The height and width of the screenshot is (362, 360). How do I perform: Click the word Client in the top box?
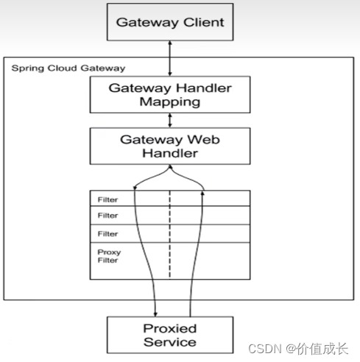pos(200,21)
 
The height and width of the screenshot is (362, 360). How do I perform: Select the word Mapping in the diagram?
pos(170,102)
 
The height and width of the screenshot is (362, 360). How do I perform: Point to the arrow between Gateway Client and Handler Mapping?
pos(170,60)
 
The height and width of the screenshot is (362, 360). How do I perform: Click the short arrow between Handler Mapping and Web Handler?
pos(170,119)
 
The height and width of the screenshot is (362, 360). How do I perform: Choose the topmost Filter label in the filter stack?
pos(107,199)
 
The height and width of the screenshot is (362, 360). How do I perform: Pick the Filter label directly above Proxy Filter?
pos(107,233)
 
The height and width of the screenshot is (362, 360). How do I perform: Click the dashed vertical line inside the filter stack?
pos(170,235)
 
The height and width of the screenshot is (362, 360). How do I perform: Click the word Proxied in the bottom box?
pos(170,328)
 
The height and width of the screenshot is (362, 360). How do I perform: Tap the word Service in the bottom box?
pos(170,341)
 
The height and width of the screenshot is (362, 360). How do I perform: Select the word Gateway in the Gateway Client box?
pos(144,21)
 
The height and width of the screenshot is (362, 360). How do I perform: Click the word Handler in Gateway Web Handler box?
pos(170,153)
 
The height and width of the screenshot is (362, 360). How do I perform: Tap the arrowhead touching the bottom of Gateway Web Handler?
pos(170,167)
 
